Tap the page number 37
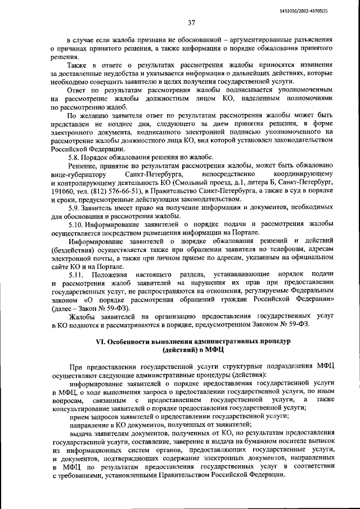(191, 23)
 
